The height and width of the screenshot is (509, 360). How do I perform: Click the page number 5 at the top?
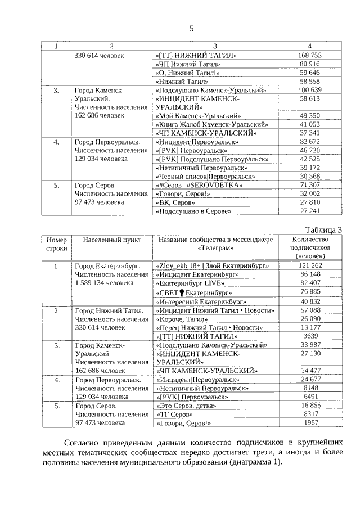pos(191,29)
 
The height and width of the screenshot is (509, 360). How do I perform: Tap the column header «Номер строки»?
pos(56,244)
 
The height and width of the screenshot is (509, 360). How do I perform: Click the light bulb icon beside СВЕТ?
pos(182,292)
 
